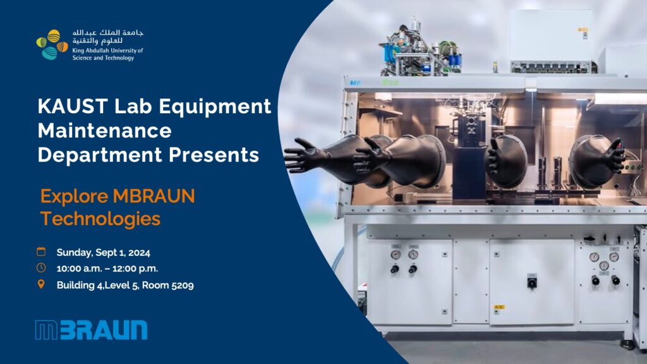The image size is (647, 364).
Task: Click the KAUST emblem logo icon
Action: click(x=52, y=45)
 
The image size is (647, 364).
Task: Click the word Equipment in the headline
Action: click(x=215, y=106)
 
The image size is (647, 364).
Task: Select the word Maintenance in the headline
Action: click(x=104, y=130)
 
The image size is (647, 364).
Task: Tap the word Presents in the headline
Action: click(x=214, y=155)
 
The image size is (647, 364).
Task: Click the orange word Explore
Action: click(x=75, y=197)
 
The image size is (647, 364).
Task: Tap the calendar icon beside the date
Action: click(x=41, y=251)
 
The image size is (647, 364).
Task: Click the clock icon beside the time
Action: click(x=41, y=268)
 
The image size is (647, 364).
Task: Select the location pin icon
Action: click(x=41, y=284)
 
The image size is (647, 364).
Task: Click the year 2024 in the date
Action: click(x=139, y=253)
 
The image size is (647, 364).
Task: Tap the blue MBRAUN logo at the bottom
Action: click(x=91, y=330)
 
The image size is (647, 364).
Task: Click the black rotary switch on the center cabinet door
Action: click(x=532, y=282)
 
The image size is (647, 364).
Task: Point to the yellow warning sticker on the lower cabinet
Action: click(x=499, y=308)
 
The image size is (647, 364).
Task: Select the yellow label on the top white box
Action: click(x=583, y=30)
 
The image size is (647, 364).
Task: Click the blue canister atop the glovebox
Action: click(x=389, y=54)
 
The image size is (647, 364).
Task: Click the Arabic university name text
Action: click(x=108, y=37)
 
